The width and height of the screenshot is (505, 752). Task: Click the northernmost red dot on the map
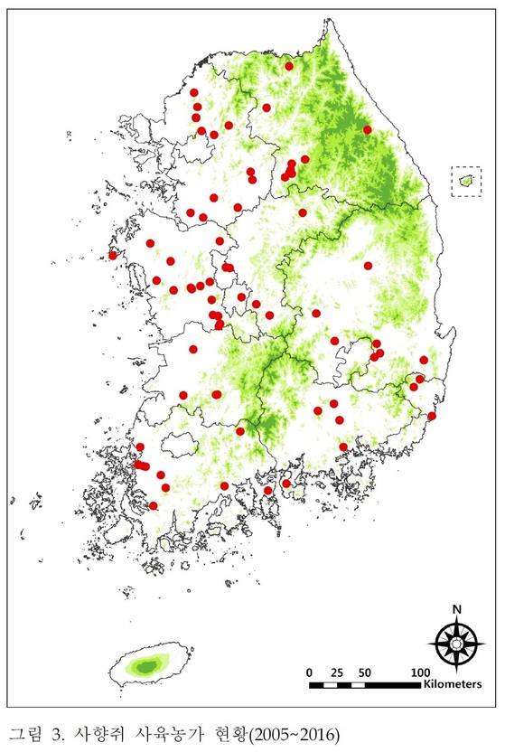pos(289,66)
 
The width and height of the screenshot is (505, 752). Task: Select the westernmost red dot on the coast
pos(113,255)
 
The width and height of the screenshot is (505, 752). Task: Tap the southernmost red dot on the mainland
pos(154,505)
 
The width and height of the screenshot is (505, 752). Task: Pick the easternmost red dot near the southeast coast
pos(432,416)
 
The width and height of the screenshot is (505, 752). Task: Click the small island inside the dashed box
pos(467,182)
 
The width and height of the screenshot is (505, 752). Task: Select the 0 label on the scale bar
pos(310,672)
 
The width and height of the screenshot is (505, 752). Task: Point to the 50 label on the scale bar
pos(366,672)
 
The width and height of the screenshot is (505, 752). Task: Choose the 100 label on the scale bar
pos(420,672)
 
